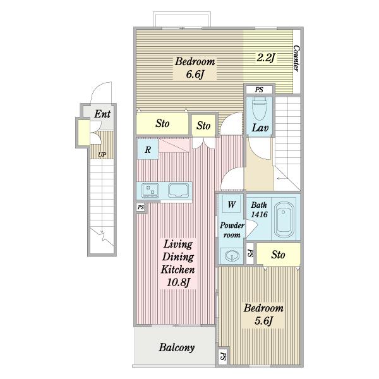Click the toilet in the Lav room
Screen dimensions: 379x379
coord(260,109)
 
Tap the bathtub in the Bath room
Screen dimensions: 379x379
coord(284,219)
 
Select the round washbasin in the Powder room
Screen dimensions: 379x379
coord(232,255)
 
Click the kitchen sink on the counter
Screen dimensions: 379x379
coord(178,190)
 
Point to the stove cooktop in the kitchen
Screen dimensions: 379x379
coord(150,191)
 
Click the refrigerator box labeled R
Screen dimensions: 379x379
coord(148,149)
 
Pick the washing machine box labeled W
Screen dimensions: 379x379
coord(231,204)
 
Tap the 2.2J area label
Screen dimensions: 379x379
coord(266,57)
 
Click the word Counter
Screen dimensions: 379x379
coord(296,58)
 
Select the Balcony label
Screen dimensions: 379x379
coord(177,347)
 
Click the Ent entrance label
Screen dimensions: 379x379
coord(102,114)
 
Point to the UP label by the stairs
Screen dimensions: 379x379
coord(102,155)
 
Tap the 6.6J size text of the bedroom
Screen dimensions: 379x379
coord(194,74)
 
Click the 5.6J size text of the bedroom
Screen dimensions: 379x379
coord(263,320)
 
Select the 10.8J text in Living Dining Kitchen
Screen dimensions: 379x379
coord(178,282)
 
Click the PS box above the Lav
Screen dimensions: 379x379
coord(259,90)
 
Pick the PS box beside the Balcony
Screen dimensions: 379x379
coord(223,356)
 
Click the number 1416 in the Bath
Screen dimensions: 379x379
coord(259,214)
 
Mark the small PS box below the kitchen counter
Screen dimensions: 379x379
coord(140,207)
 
